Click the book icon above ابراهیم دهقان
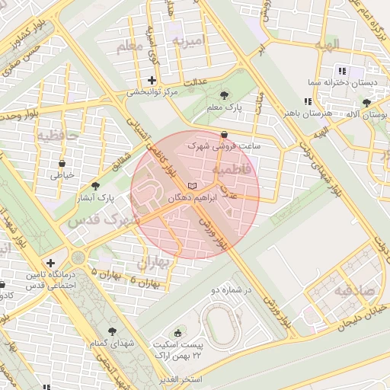pyautogui.click(x=193, y=186)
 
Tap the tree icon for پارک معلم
pyautogui.click(x=224, y=95)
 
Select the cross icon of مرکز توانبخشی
pyautogui.click(x=152, y=80)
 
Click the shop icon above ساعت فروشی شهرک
pyautogui.click(x=222, y=133)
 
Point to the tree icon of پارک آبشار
pyautogui.click(x=95, y=185)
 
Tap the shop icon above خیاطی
pyautogui.click(x=62, y=163)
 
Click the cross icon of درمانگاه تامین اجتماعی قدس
pyautogui.click(x=50, y=263)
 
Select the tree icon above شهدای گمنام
pyautogui.click(x=112, y=331)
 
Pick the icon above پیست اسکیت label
pyautogui.click(x=179, y=332)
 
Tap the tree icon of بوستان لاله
pyautogui.click(x=367, y=102)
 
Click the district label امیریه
pyautogui.click(x=189, y=40)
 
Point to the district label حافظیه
pyautogui.click(x=58, y=136)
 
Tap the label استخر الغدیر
pyautogui.click(x=180, y=379)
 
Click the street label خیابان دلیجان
pyautogui.click(x=358, y=315)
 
